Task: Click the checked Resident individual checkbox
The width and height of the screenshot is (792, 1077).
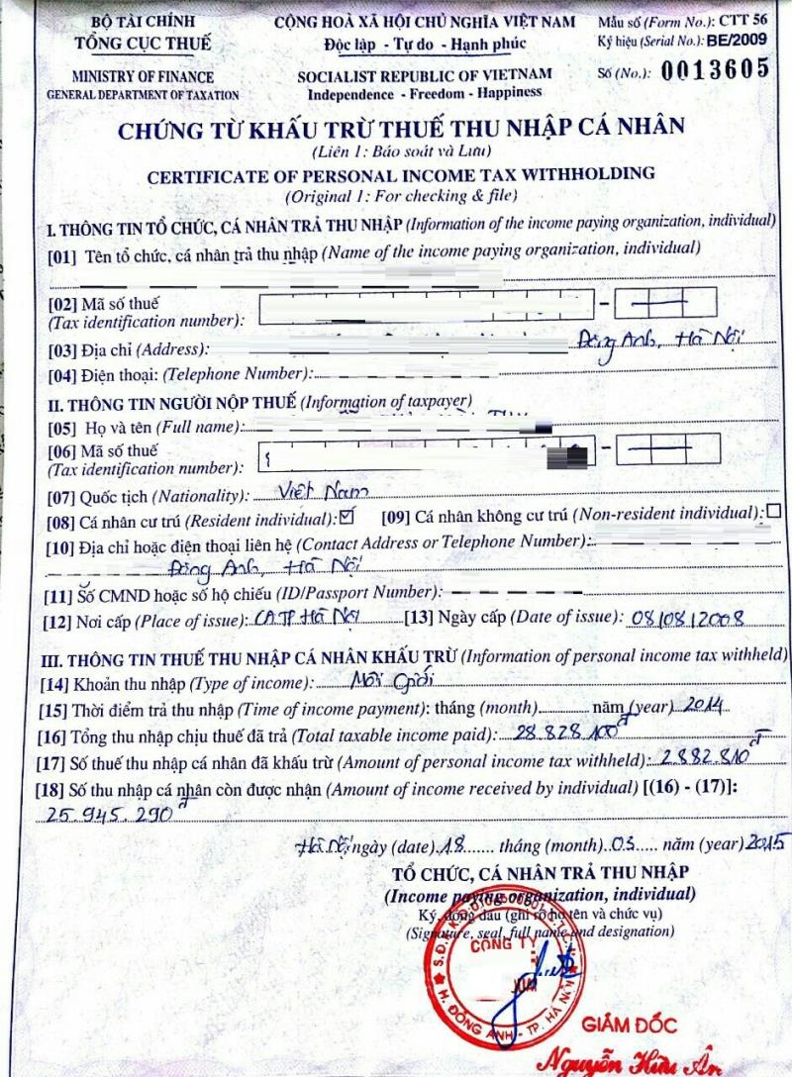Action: pos(346,516)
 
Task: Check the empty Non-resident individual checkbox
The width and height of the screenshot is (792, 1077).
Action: pos(773,512)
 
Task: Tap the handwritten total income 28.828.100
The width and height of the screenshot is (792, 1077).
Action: pos(559,732)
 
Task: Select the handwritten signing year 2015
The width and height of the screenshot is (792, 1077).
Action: pos(765,844)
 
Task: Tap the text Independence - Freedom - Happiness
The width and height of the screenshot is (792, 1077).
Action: pos(425,92)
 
